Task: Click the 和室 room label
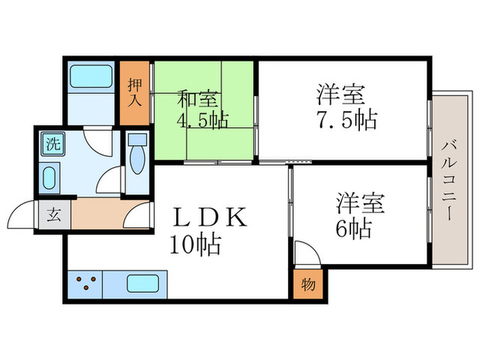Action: [x=198, y=99]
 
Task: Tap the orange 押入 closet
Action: [x=135, y=93]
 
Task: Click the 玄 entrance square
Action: [x=53, y=215]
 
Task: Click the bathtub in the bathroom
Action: [x=91, y=75]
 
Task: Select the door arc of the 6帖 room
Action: [x=307, y=253]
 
